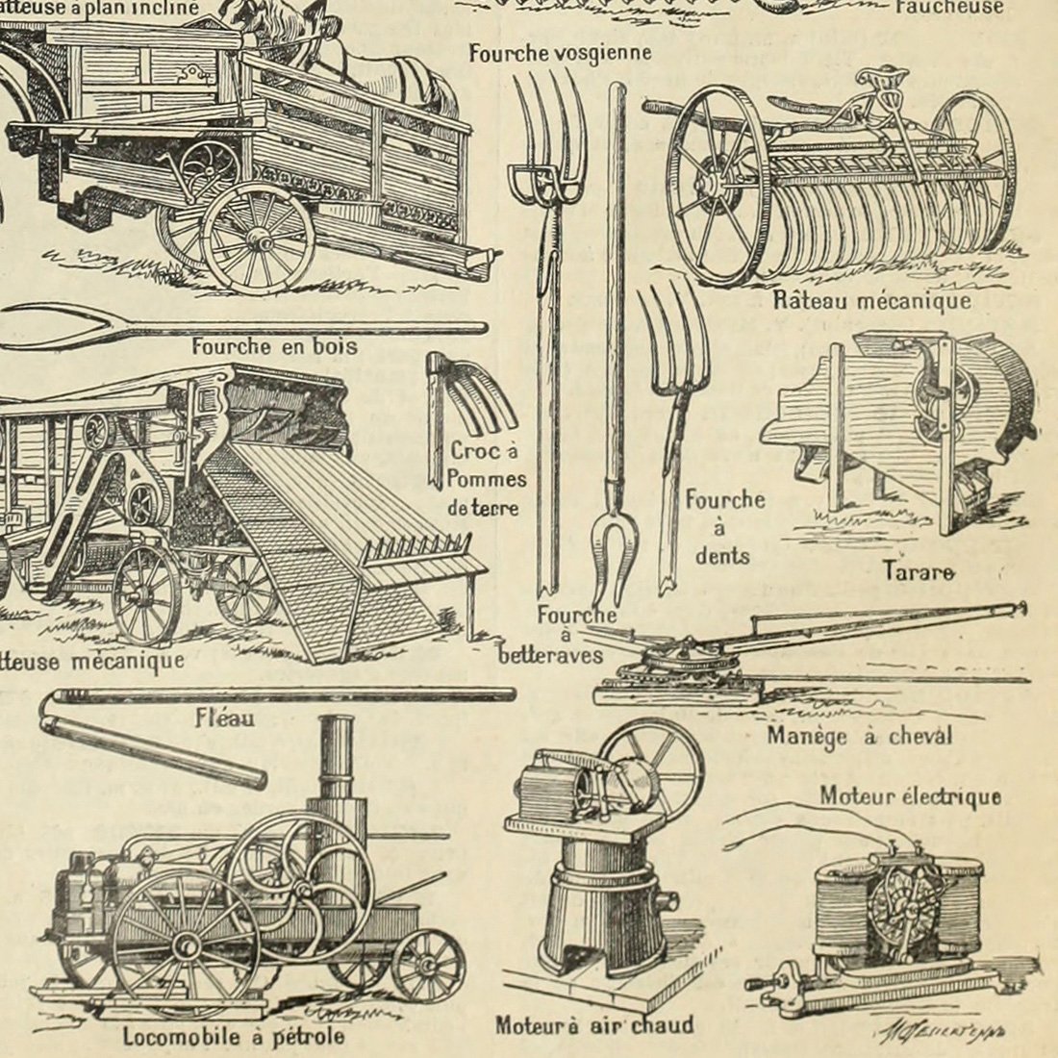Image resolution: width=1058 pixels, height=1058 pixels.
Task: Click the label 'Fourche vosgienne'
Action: tap(560, 53)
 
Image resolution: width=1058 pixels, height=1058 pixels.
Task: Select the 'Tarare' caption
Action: tap(919, 571)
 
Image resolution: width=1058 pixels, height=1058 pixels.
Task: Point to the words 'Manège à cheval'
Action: tap(859, 737)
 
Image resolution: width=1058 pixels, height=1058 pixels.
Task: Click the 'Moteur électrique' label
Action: tap(910, 796)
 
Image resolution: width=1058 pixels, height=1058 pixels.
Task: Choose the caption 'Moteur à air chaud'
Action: tap(593, 1025)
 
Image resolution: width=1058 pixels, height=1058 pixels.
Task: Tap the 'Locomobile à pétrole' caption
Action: tap(233, 1037)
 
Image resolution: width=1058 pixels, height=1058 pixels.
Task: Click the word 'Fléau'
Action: tap(224, 717)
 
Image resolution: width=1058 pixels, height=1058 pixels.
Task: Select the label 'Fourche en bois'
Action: tap(274, 346)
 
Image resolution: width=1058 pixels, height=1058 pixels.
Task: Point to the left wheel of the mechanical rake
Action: tap(719, 183)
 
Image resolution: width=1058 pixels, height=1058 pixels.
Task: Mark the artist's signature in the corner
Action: tap(940, 1031)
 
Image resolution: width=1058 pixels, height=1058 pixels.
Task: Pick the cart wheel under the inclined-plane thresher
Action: tap(258, 237)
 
